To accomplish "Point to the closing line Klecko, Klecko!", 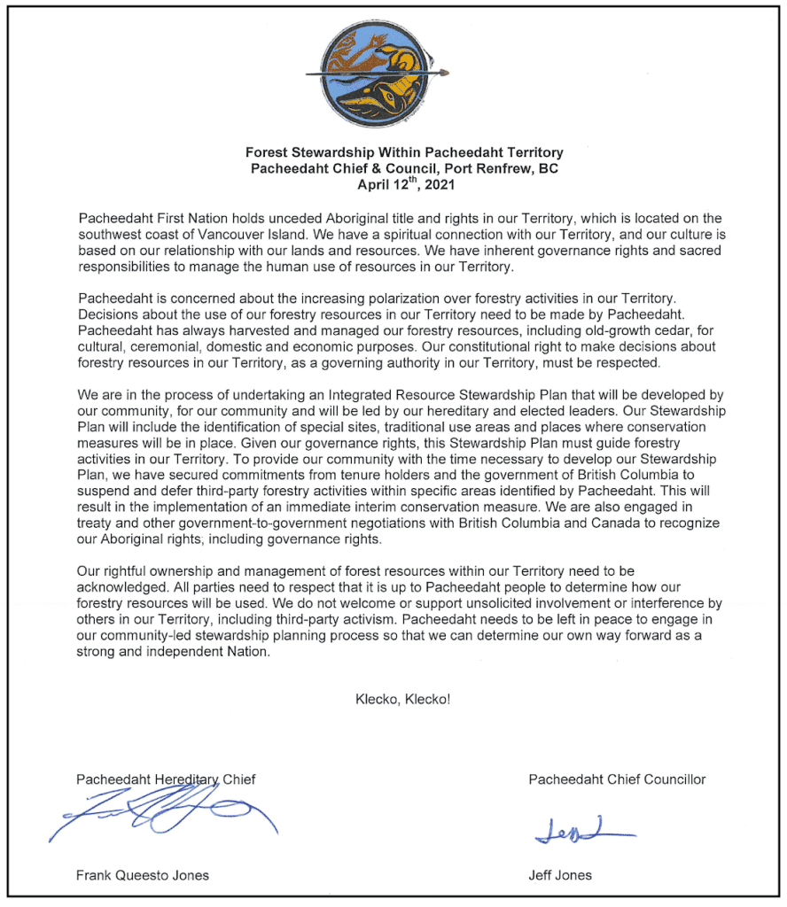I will tap(402, 699).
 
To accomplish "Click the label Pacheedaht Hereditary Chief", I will tap(166, 779).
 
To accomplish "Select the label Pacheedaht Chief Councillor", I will tap(617, 779).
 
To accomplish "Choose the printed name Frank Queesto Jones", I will tap(143, 875).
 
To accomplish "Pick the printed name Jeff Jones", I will tap(560, 875).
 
